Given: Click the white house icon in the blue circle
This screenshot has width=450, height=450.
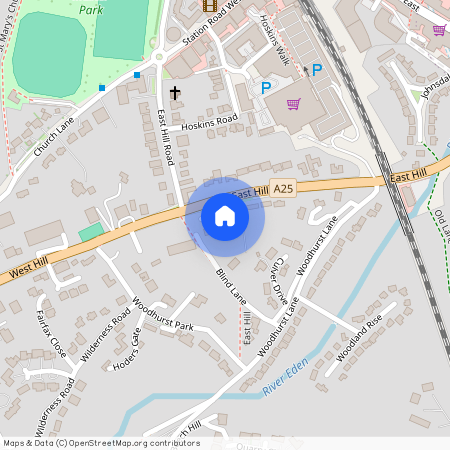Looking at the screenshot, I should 225,216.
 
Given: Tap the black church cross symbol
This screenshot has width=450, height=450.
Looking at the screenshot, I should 175,93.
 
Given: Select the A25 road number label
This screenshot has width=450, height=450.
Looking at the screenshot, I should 284,188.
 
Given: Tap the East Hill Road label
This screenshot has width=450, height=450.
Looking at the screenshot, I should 169,137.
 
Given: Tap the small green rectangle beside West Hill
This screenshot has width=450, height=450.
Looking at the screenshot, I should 91,232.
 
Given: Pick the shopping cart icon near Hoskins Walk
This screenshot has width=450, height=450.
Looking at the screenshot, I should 294,104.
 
